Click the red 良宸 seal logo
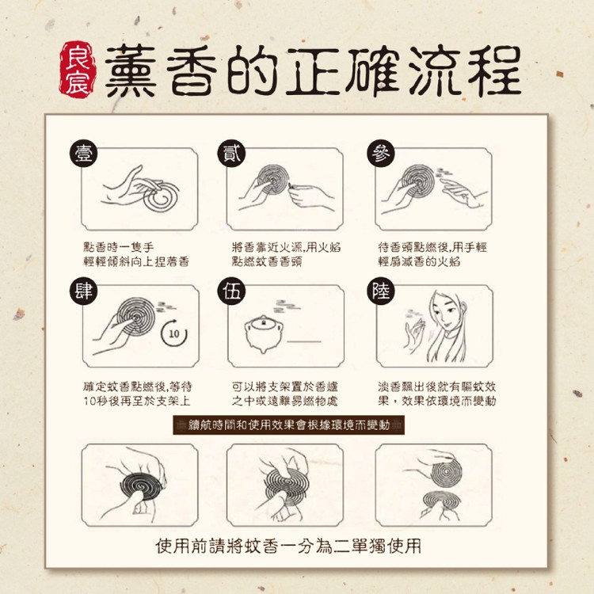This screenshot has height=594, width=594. coord(78,70)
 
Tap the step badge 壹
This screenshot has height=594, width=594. coord(84,154)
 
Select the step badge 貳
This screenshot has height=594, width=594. coord(231,154)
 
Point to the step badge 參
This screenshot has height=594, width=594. coord(381,154)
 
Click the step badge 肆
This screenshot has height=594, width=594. coord(84,291)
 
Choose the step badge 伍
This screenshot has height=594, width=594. coord(231,291)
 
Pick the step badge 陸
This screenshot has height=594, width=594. coord(381,291)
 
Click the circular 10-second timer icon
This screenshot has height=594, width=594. coord(174,333)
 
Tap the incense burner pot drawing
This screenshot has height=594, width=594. coord(263,333)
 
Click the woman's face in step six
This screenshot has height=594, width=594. coord(446,312)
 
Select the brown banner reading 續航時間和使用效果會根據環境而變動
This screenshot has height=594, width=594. coord(288,425)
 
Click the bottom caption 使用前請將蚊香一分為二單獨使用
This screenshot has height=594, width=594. coord(288,546)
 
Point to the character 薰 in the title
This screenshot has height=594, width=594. coord(131,70)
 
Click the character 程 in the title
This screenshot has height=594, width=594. coord(494,70)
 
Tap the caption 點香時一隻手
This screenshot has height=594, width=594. coord(119,247)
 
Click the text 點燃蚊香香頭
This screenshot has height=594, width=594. coord(267,262)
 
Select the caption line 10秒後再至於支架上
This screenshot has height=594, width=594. coord(137,402)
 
